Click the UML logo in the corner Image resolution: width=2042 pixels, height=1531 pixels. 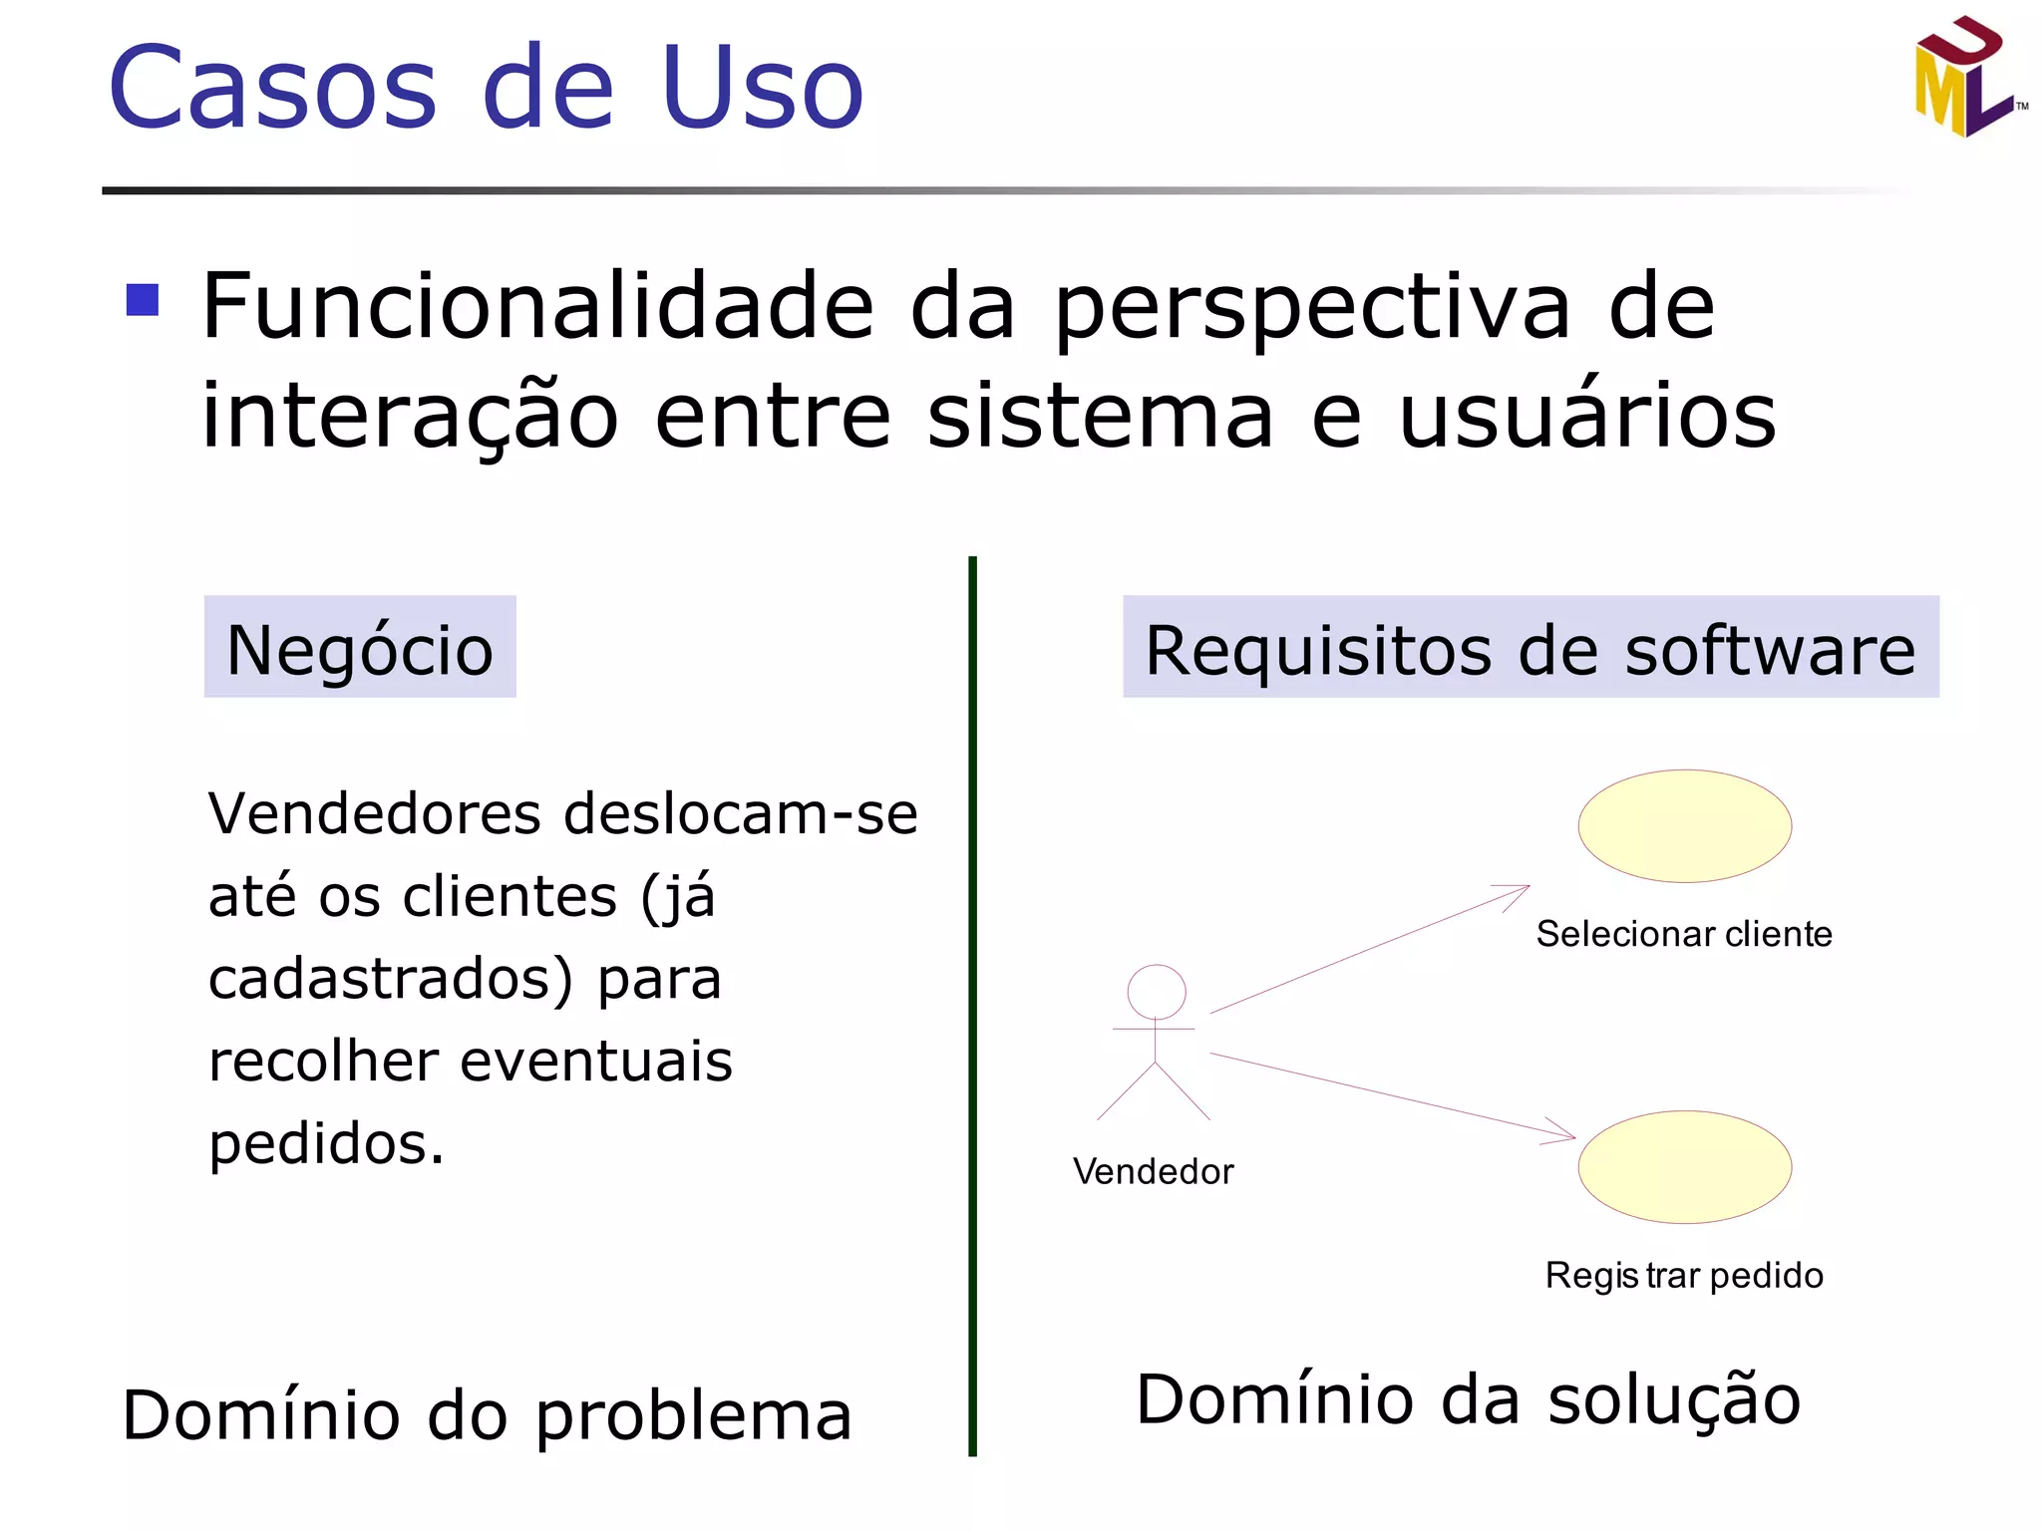coord(1966,79)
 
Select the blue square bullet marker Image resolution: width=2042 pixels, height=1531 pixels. coord(143,300)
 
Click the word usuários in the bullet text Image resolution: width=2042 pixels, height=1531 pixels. coord(1587,416)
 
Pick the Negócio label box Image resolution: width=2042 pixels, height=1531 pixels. coord(360,648)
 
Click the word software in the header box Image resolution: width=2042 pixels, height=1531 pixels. coord(1770,650)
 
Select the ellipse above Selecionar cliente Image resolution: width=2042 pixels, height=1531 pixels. coord(1684,826)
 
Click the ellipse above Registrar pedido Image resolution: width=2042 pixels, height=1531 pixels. coord(1684,1167)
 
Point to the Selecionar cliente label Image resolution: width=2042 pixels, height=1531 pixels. coord(1684,934)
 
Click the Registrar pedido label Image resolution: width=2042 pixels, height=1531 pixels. coord(1684,1275)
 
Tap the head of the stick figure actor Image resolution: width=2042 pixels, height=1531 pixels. coord(1157,992)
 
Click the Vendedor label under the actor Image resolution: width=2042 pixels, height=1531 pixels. coord(1154,1171)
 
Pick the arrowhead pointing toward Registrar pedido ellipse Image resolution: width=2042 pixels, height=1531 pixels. coord(1563,1134)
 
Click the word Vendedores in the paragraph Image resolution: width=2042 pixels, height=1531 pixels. coord(375,813)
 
